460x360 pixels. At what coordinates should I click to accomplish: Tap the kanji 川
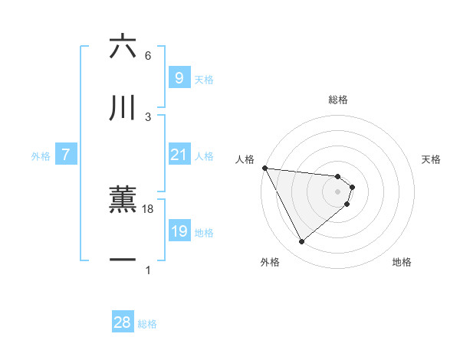[x=123, y=108]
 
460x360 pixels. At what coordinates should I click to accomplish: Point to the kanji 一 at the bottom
[x=123, y=260]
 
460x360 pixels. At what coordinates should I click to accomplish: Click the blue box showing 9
[x=179, y=77]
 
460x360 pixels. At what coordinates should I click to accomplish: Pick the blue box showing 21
[x=179, y=155]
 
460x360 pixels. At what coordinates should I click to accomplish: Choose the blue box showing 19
[x=179, y=231]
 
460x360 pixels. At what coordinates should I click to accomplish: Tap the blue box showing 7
[x=66, y=155]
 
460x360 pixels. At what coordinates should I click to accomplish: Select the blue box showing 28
[x=123, y=322]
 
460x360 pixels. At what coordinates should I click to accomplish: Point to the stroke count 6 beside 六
[x=148, y=56]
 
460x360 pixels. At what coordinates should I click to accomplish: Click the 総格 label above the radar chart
[x=338, y=100]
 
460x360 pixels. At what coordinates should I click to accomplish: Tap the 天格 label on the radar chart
[x=432, y=159]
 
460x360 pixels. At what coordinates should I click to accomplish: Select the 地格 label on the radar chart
[x=402, y=262]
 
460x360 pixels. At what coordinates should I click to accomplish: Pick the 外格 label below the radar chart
[x=270, y=262]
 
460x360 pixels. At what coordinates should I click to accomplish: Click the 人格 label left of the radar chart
[x=245, y=159]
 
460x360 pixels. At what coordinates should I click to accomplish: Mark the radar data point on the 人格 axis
[x=264, y=168]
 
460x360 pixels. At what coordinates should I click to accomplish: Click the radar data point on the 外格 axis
[x=301, y=242]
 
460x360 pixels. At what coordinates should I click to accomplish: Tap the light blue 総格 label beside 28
[x=147, y=324]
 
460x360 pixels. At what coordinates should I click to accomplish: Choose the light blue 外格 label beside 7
[x=41, y=156]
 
